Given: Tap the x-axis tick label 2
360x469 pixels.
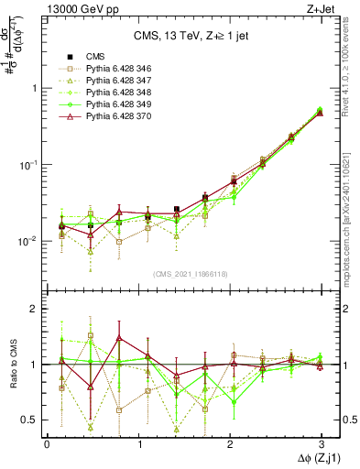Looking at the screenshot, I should [x=230, y=443].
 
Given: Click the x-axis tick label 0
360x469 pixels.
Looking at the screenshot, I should [x=47, y=443].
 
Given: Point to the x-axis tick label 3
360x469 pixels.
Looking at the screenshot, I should [x=321, y=443].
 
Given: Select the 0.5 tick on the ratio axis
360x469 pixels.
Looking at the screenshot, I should [x=33, y=420].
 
